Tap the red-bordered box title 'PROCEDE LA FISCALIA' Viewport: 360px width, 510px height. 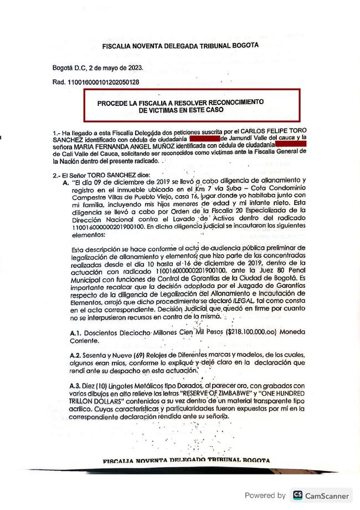(181, 103)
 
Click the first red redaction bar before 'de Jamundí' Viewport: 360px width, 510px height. (204, 137)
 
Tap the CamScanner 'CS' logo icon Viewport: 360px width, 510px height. (298, 495)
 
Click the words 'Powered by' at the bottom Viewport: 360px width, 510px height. (265, 495)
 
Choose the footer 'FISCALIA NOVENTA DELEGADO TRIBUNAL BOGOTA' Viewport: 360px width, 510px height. (187, 461)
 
